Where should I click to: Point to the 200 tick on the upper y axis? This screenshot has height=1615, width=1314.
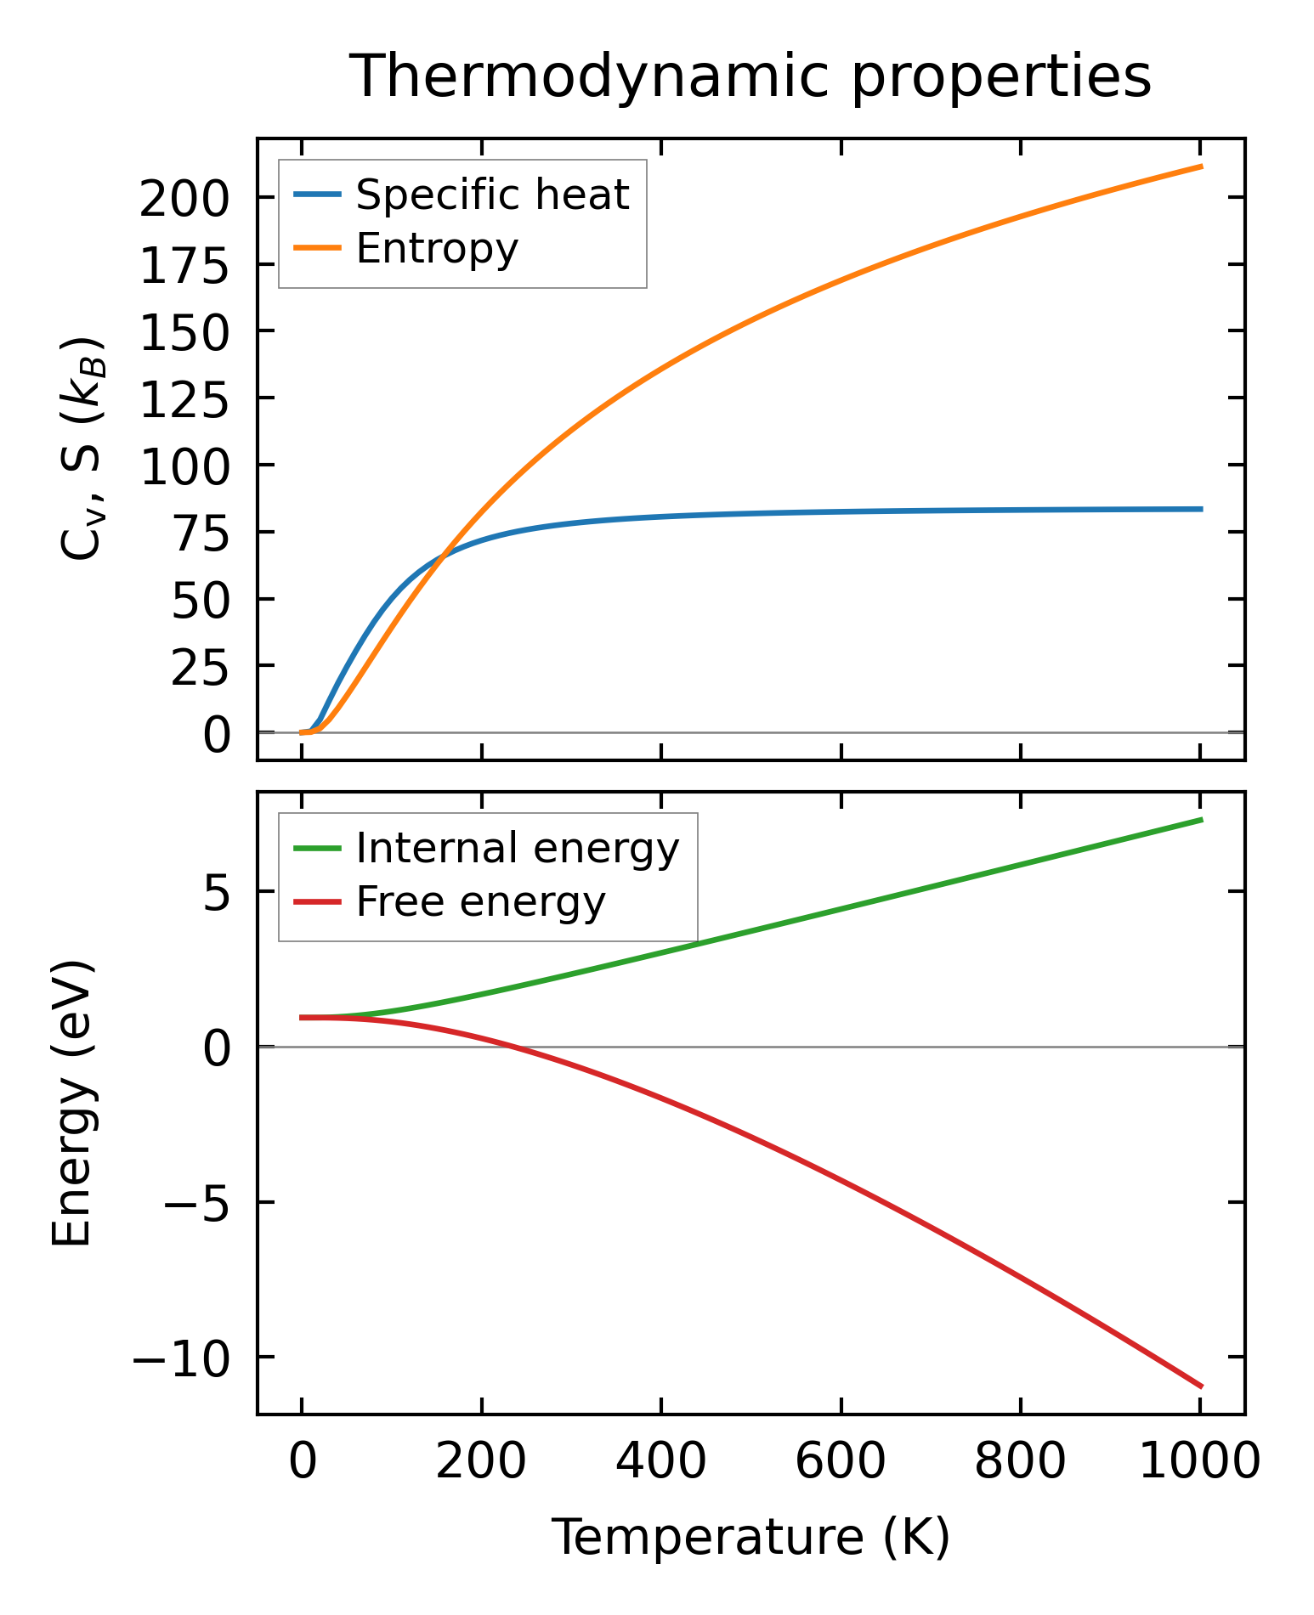(x=184, y=201)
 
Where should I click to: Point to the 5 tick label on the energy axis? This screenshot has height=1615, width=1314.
(x=217, y=895)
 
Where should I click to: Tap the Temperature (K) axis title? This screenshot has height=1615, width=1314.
(x=750, y=1538)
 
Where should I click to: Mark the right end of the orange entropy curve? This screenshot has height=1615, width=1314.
(x=1201, y=167)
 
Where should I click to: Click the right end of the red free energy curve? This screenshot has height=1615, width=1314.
(x=1201, y=1386)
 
